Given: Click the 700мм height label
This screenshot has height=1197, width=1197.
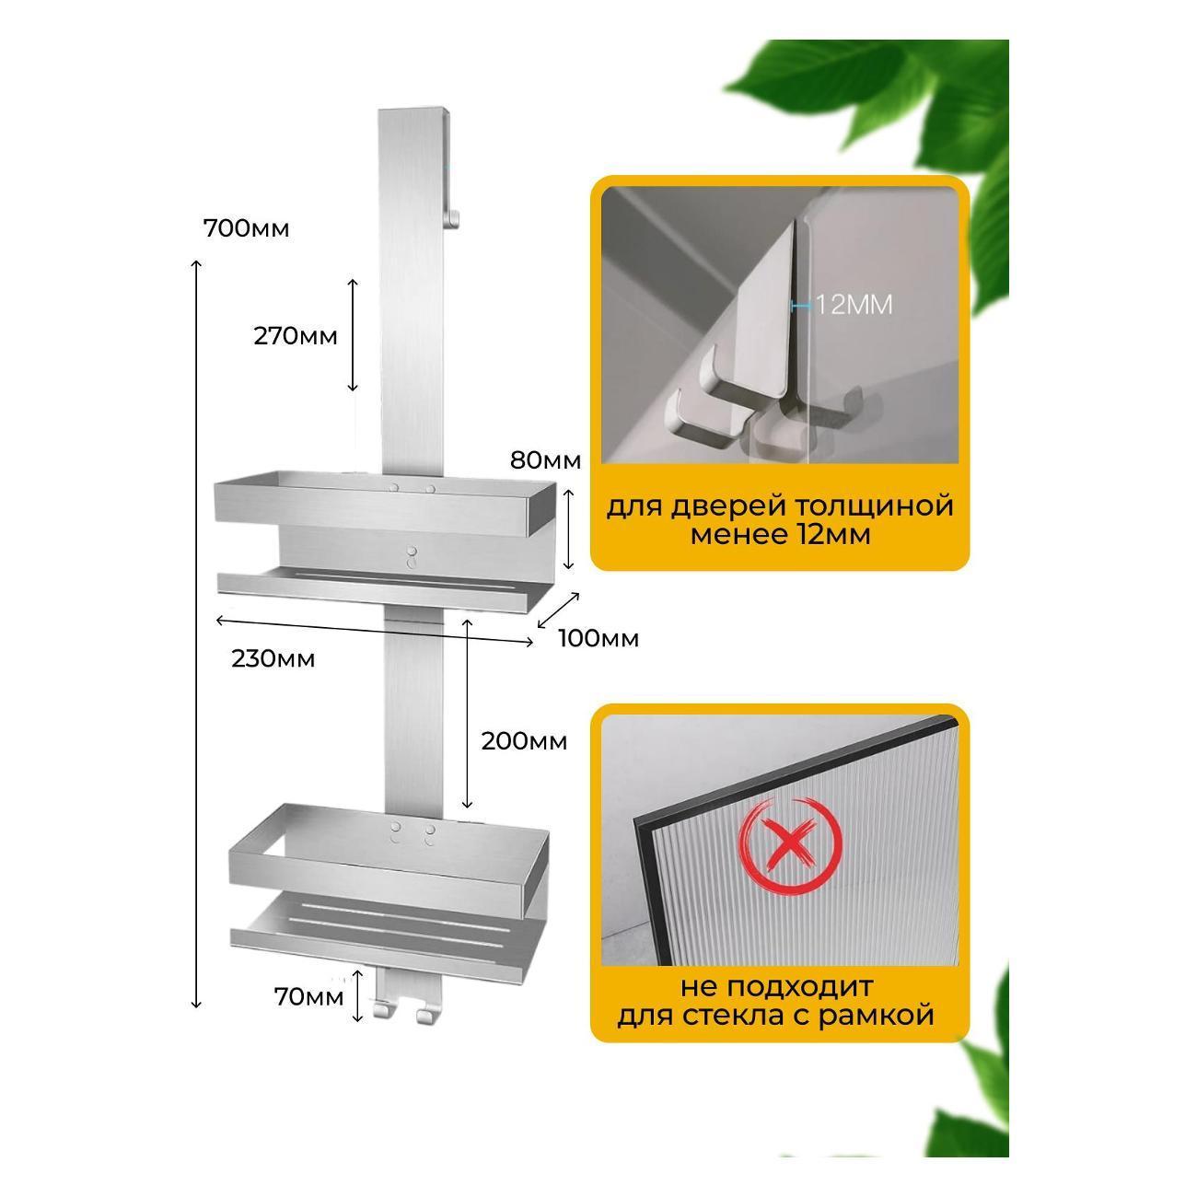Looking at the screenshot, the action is tap(247, 229).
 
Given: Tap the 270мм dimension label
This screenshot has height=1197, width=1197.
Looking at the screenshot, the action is tap(295, 337).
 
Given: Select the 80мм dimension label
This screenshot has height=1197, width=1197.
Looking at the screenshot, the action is tap(545, 460).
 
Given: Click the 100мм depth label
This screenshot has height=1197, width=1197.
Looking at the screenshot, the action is tap(598, 639).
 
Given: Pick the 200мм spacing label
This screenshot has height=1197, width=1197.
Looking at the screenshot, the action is tap(524, 742).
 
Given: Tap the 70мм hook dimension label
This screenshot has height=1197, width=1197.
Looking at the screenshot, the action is tap(308, 997).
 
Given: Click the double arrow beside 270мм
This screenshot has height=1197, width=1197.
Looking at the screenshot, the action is tap(353, 335).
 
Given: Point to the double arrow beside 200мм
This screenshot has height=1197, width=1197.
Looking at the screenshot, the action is tap(468, 713).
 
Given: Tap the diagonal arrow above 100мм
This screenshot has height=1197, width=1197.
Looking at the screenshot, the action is tap(558, 610).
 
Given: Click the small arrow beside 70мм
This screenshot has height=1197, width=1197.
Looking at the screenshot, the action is tap(357, 996).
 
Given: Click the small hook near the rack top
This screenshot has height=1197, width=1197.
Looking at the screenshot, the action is tap(453, 218).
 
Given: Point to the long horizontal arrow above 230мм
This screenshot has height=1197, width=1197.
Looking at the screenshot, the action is tap(373, 631).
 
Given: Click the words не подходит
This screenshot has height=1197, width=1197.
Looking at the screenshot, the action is tap(776, 988).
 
